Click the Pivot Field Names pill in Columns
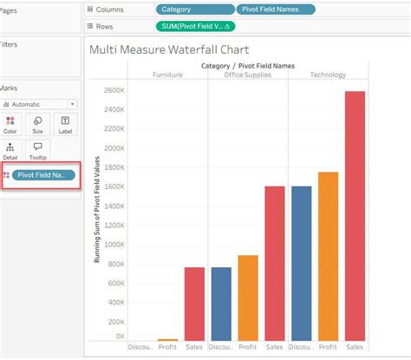pos(275,10)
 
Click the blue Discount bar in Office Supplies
pos(221,304)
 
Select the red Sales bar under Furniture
pos(194,304)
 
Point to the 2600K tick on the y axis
pos(114,90)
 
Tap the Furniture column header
pos(167,75)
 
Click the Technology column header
pos(329,75)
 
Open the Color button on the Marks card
pos(10,125)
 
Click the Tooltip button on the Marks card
pos(37,151)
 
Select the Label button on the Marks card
pos(65,125)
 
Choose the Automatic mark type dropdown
pos(39,104)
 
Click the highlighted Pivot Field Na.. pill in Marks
pos(42,175)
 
